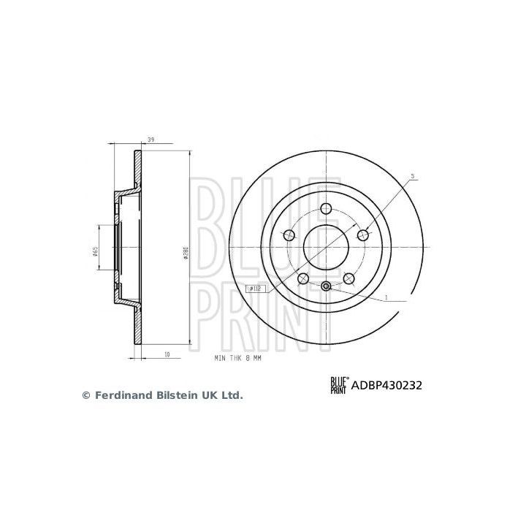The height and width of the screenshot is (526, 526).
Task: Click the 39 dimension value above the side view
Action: point(150,140)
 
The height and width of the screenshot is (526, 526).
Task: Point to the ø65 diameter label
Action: point(96,252)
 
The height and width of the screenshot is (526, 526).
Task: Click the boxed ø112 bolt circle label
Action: point(256,289)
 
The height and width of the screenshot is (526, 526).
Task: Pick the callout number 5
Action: point(412,176)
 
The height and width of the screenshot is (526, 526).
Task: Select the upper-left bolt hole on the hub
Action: point(289,235)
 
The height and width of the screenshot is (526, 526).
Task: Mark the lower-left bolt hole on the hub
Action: point(302,278)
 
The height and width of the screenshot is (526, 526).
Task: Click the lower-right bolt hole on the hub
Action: point(348,278)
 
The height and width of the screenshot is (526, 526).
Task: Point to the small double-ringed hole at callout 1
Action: point(326,286)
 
